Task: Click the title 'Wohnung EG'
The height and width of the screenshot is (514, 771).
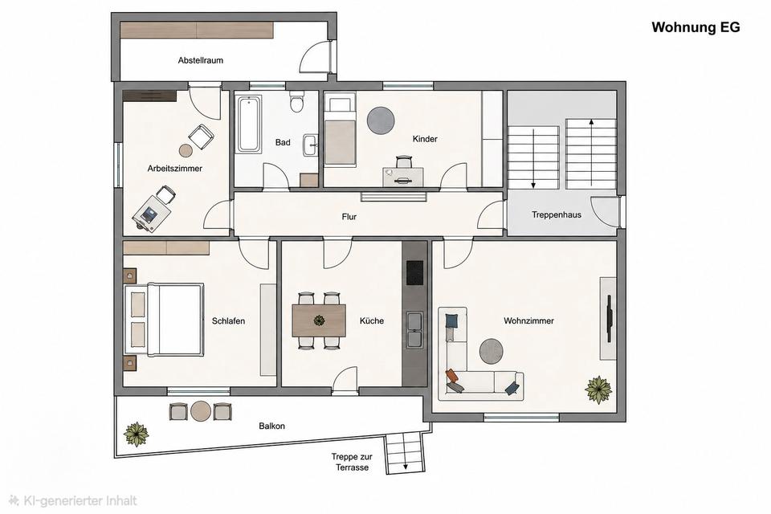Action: click(x=696, y=27)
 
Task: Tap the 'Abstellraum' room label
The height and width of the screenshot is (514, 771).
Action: click(x=201, y=60)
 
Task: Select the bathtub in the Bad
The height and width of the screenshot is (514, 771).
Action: click(x=249, y=124)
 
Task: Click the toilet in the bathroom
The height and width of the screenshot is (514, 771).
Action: click(x=296, y=102)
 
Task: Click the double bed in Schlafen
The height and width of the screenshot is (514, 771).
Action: click(x=164, y=319)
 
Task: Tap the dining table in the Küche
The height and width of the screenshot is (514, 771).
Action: click(x=319, y=320)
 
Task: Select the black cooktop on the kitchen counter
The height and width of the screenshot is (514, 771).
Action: click(x=414, y=272)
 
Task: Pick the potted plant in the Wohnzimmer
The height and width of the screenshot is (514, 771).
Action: click(x=598, y=390)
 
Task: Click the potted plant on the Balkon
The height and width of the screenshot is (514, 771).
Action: click(x=136, y=434)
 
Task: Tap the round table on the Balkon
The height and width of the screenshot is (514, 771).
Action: click(x=201, y=412)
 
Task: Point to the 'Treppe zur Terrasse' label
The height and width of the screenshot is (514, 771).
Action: click(x=352, y=463)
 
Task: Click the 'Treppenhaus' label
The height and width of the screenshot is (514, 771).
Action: click(x=557, y=215)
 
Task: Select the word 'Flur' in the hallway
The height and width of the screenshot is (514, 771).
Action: click(x=349, y=217)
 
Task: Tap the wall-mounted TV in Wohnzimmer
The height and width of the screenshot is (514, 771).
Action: click(x=610, y=318)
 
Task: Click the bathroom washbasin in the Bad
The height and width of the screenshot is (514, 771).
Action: click(x=311, y=145)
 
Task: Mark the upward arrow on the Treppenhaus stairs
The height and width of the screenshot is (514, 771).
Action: click(x=591, y=153)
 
